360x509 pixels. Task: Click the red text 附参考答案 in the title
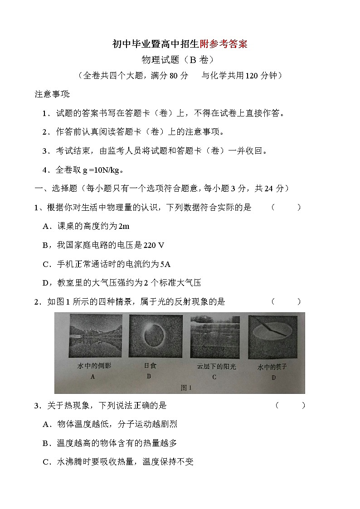point(224,44)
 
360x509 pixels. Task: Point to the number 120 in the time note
point(252,76)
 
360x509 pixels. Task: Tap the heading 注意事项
point(52,94)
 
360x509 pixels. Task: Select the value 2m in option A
point(123,226)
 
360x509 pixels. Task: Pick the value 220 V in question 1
point(153,245)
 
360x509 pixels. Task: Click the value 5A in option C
point(165,264)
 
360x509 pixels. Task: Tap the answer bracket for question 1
point(286,208)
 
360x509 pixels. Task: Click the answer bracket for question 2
point(286,301)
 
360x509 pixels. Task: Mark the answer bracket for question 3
point(290,405)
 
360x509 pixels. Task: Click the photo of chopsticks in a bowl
point(273,336)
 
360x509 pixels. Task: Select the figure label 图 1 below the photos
point(186,387)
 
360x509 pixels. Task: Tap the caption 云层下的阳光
point(216,366)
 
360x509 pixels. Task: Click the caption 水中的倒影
point(94,365)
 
